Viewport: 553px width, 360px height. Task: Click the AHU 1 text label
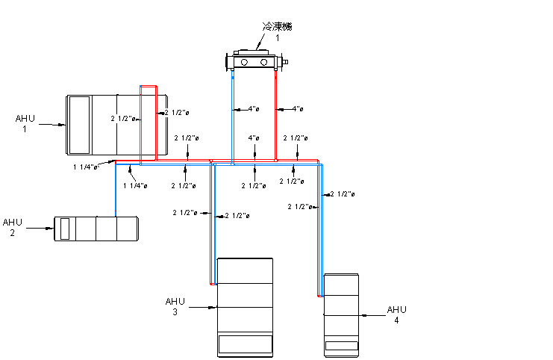[x=25, y=122]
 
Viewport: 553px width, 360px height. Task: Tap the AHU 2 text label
[x=13, y=227]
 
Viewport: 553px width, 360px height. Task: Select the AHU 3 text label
[x=175, y=306]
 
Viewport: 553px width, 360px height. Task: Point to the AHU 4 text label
[x=396, y=314]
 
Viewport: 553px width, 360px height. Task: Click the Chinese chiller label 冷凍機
[x=277, y=26]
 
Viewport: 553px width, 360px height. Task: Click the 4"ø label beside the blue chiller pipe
[x=254, y=109]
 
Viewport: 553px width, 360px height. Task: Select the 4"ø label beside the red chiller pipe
[x=298, y=109]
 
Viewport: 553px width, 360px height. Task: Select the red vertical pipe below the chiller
[x=276, y=112]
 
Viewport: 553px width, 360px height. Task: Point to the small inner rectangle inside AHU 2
[x=65, y=229]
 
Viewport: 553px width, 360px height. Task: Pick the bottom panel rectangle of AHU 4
[x=341, y=346]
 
